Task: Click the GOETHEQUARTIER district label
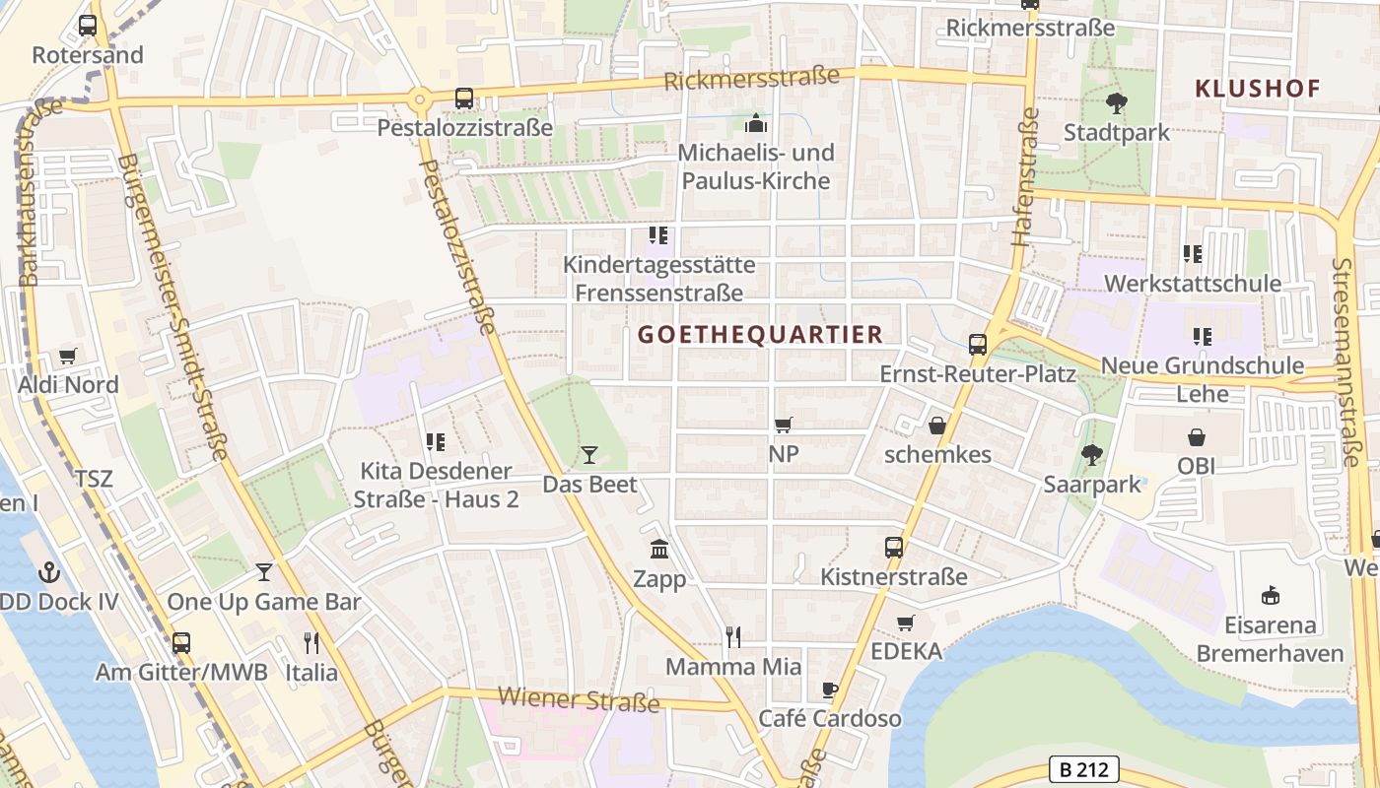point(760,335)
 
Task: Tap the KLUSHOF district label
point(1257,89)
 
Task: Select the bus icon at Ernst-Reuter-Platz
point(978,345)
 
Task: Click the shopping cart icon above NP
point(784,425)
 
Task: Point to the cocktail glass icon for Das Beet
point(589,454)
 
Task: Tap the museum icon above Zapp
point(659,549)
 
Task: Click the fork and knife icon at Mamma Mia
point(732,637)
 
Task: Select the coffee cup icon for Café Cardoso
point(829,689)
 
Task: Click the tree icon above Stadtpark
point(1116,101)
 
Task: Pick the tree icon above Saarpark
point(1091,454)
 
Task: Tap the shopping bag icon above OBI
point(1196,436)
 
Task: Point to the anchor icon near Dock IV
point(48,571)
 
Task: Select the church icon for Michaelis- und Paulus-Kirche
point(756,123)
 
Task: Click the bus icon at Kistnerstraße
point(894,547)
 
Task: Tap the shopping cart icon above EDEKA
point(906,623)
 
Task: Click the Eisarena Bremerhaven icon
point(1271,595)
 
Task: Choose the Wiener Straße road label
point(579,700)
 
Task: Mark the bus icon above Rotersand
point(88,26)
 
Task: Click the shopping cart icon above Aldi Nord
point(67,356)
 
